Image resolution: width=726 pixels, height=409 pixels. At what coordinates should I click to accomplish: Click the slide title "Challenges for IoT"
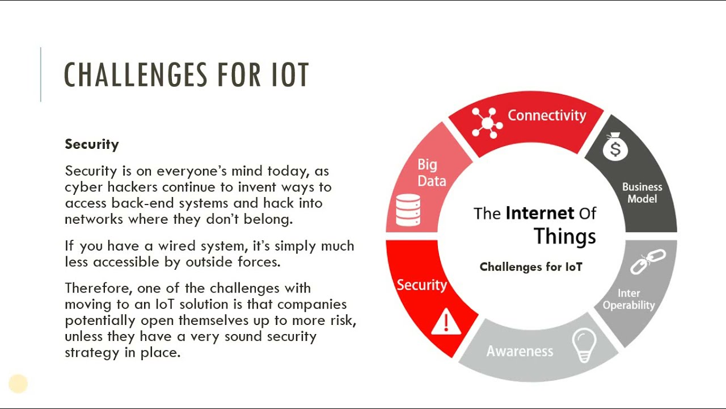pos(187,75)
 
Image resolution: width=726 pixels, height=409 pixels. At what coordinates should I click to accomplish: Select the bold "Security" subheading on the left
pos(92,144)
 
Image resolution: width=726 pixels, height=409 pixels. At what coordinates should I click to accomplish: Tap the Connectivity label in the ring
pos(546,115)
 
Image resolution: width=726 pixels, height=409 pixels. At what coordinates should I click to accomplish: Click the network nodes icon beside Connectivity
pos(487,123)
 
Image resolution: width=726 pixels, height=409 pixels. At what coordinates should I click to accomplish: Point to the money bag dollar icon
pos(615,148)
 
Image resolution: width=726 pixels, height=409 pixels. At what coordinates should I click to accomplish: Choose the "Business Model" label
pos(642,193)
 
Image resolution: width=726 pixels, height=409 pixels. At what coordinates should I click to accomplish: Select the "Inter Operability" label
pos(628,299)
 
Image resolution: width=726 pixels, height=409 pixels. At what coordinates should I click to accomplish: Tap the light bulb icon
pos(584,344)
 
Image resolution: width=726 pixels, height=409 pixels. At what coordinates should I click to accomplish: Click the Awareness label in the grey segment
pos(520,351)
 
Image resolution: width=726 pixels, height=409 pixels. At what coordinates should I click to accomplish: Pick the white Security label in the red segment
pos(421,285)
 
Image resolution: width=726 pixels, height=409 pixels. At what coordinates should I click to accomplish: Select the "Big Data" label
pos(431,173)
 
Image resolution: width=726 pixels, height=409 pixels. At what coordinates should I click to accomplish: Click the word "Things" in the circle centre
pos(565,236)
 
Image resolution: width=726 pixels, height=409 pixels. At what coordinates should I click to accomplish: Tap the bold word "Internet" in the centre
pos(539,213)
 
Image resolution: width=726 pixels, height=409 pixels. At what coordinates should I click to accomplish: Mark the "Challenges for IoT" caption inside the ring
pos(531,267)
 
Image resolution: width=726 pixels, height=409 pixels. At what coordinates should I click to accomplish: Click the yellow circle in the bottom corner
pos(18,384)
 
